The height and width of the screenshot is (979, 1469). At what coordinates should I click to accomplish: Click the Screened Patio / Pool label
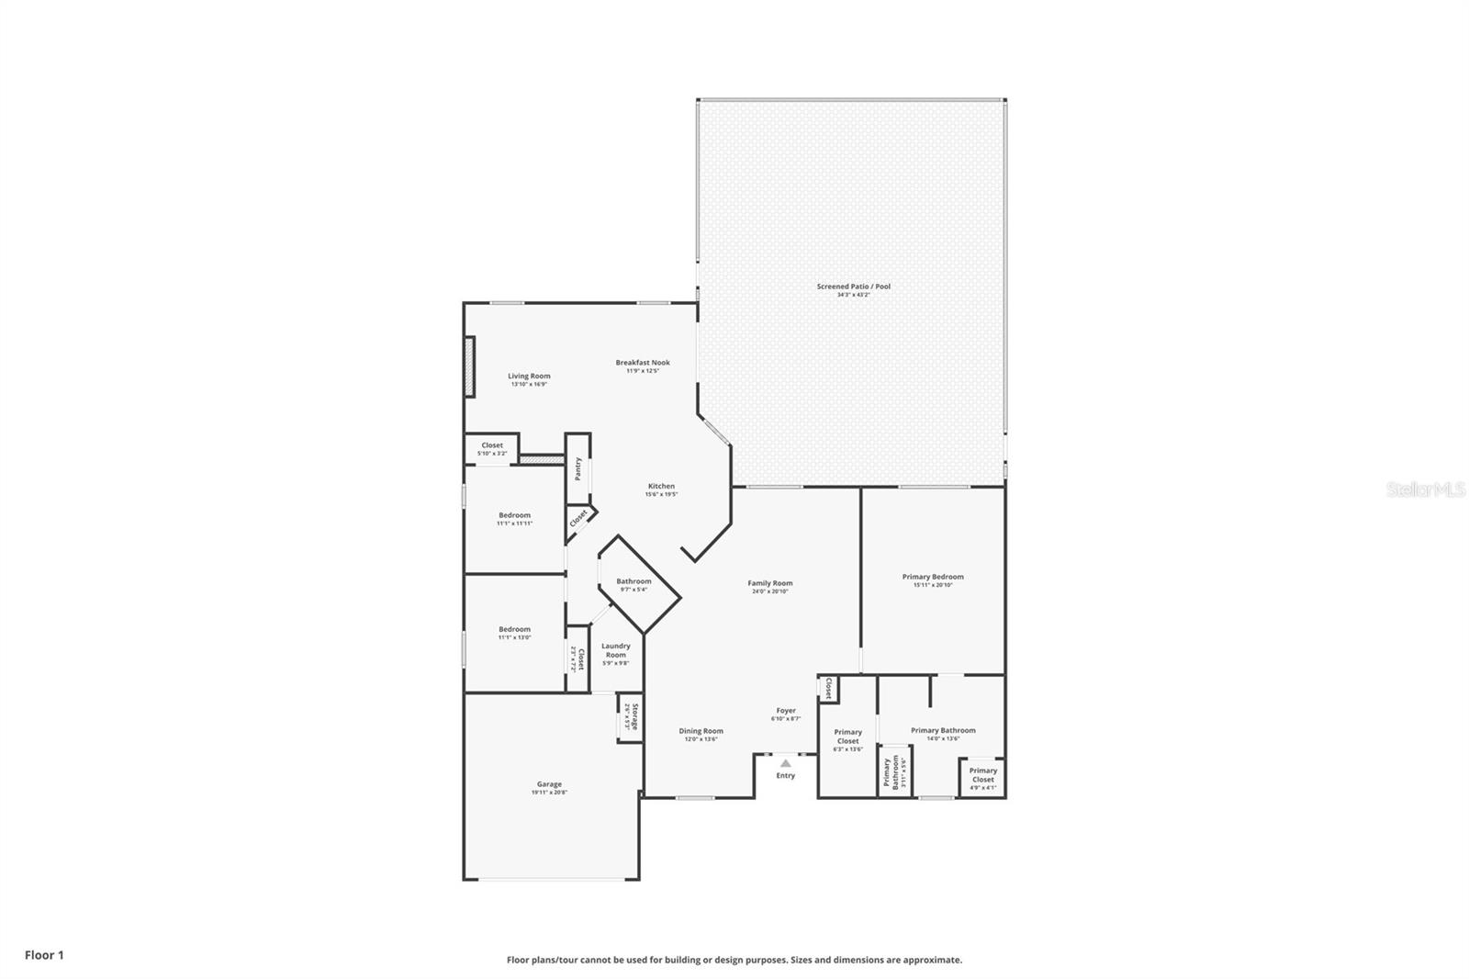[853, 287]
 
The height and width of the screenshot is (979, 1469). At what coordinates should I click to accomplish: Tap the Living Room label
[529, 377]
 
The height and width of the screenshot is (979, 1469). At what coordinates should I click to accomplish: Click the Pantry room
[578, 468]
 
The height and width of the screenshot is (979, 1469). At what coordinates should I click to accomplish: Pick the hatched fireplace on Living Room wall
[469, 366]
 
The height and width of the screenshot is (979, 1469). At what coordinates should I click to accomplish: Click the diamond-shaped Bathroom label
[634, 582]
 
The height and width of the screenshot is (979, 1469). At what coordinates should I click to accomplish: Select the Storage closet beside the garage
[629, 716]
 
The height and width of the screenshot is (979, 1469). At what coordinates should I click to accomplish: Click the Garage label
[549, 785]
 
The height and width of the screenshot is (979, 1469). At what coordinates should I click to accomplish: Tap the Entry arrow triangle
[786, 762]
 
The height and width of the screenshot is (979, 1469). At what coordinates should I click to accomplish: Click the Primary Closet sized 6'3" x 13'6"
[847, 737]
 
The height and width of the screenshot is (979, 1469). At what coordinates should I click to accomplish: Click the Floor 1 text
[44, 955]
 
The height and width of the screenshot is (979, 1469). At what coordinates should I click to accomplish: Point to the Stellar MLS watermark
[1425, 490]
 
